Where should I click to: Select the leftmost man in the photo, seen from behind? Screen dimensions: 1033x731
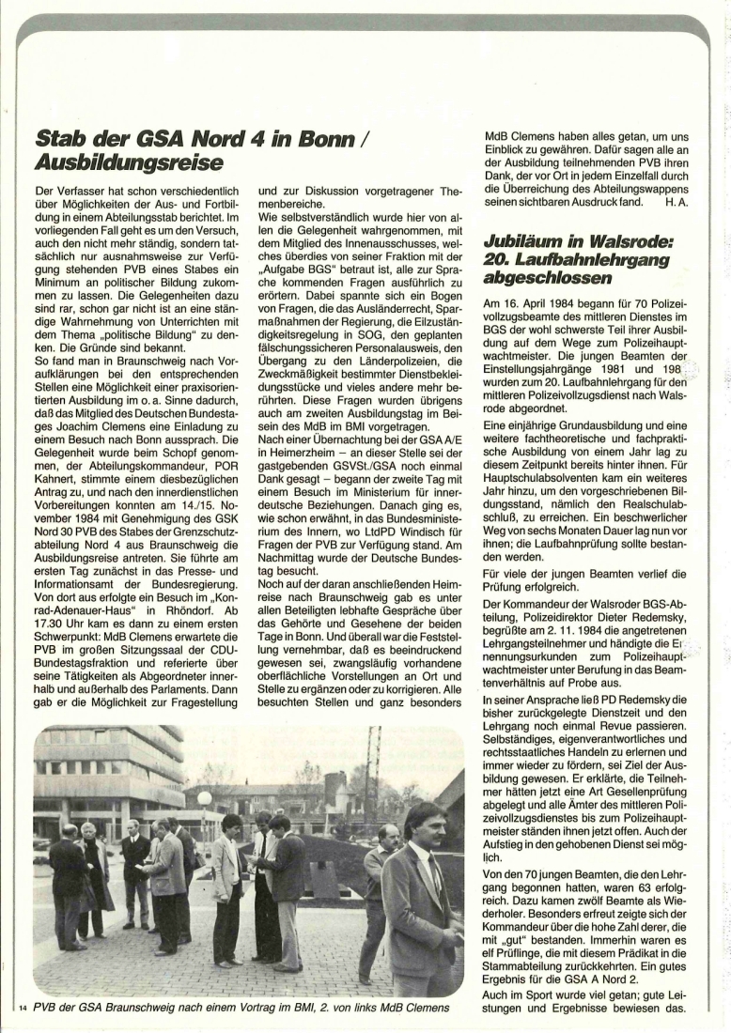click(66, 887)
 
